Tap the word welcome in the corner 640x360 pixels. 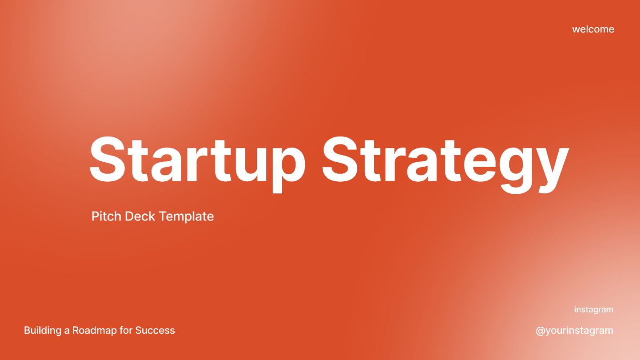593,29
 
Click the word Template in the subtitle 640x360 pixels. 186,216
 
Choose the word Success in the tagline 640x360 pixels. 155,331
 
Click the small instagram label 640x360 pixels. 593,310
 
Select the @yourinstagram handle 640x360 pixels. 574,331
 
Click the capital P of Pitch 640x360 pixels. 96,216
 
